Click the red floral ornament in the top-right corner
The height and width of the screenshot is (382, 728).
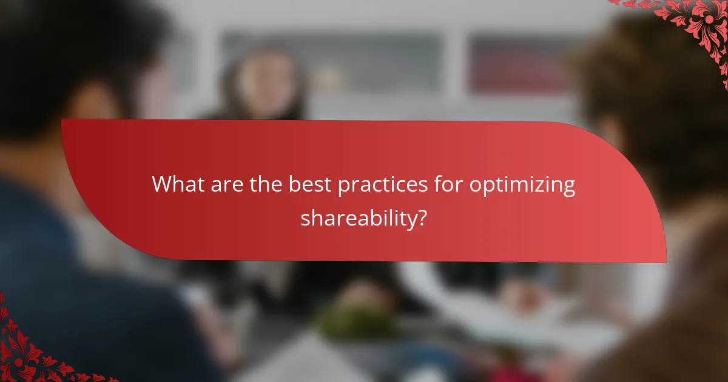[698, 24]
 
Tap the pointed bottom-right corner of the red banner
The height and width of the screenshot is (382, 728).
[664, 261]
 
